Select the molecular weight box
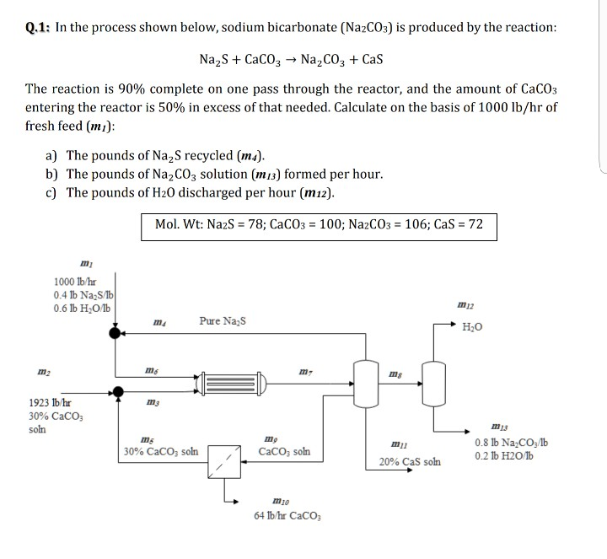(320, 225)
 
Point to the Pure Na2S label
(223, 320)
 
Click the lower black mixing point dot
(118, 390)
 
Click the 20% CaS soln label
(410, 462)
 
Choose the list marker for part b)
(53, 174)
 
